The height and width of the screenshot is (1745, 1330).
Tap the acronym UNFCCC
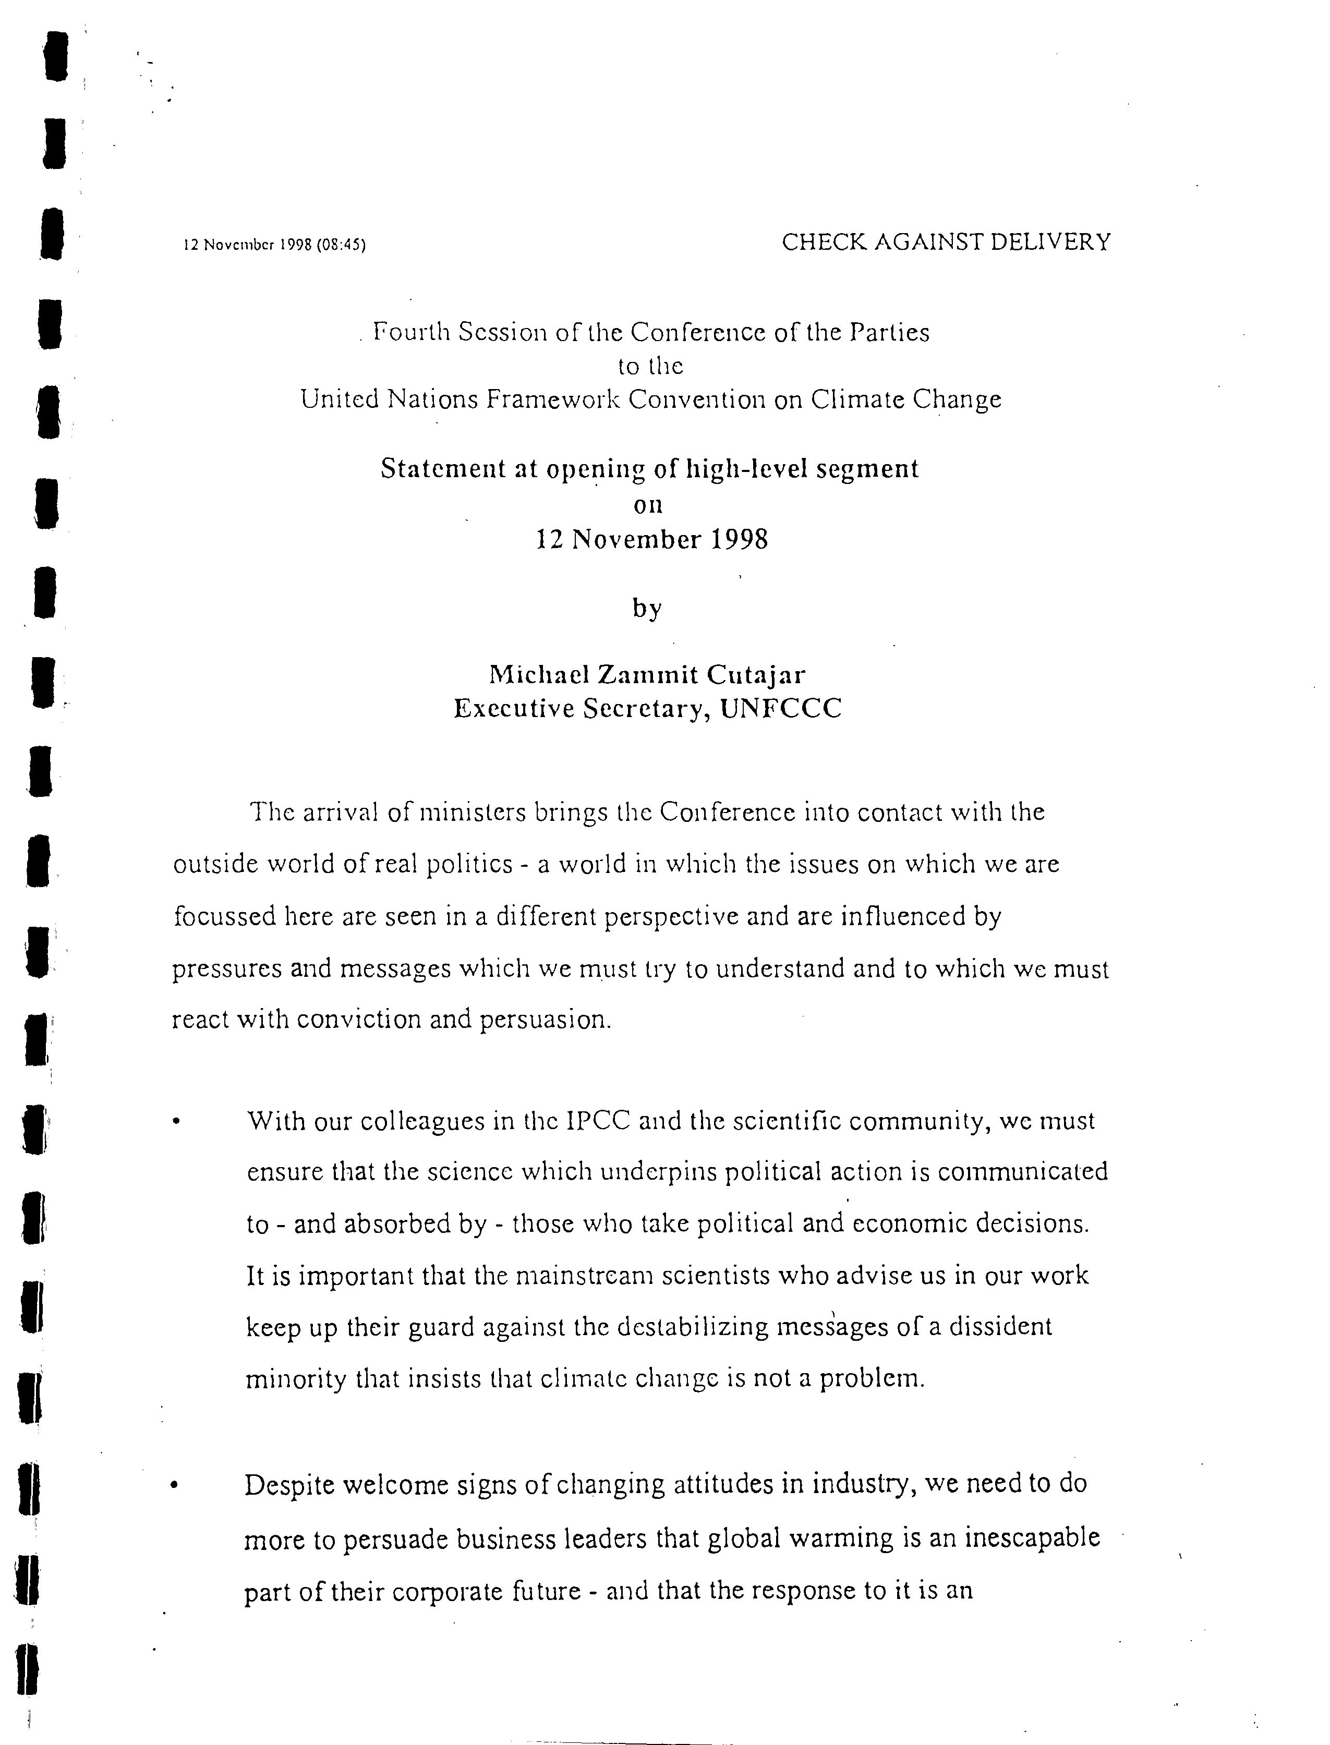[x=781, y=708]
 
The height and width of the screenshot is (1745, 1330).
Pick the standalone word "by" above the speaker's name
[x=647, y=609]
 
